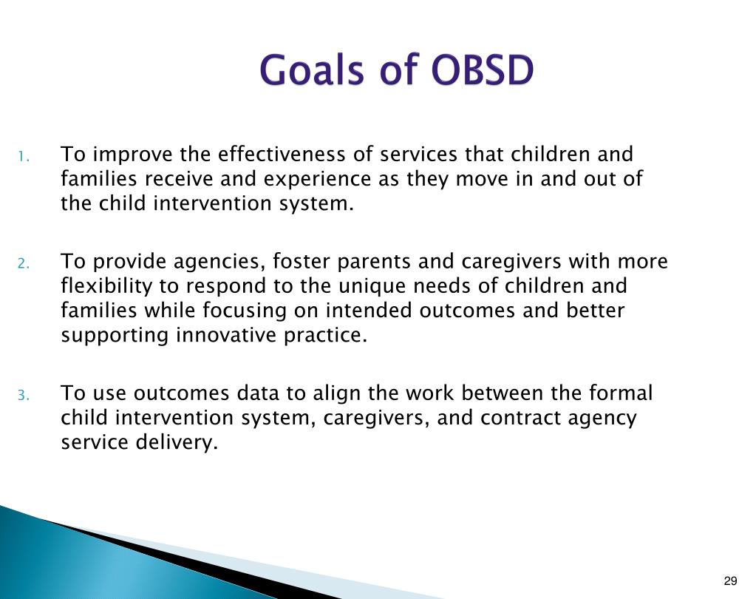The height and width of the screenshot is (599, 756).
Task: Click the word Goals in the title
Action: click(x=311, y=70)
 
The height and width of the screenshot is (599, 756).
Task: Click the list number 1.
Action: click(x=24, y=157)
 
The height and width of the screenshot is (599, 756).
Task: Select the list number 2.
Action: click(x=24, y=264)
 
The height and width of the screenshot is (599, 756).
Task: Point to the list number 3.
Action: click(x=24, y=396)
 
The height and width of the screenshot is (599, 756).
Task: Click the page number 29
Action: click(x=730, y=581)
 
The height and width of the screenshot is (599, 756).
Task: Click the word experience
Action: click(x=317, y=180)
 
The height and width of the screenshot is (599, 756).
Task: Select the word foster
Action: click(x=301, y=261)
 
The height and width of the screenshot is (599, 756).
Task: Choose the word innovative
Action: click(x=225, y=335)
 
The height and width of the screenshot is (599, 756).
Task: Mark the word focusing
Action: click(x=245, y=311)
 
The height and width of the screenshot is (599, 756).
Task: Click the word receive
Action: click(x=179, y=180)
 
